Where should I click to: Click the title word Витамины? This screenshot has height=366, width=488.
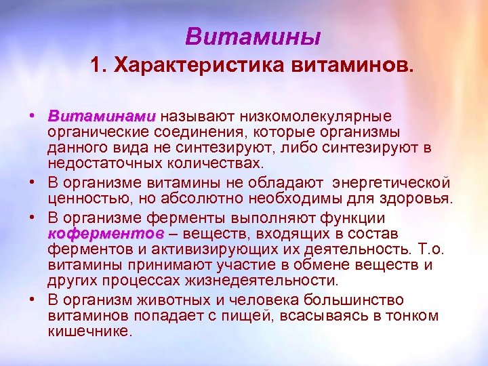pos(253,35)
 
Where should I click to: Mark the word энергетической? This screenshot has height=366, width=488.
pos(395,182)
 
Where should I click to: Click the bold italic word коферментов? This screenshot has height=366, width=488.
pos(106,233)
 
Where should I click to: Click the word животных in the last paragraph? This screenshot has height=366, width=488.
pos(173,298)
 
